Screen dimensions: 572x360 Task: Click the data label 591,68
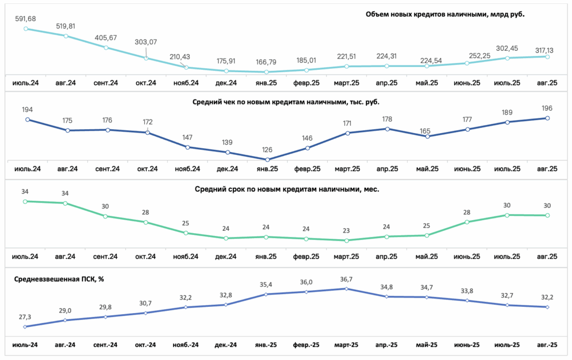[x=26, y=18]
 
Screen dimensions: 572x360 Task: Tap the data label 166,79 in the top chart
[x=266, y=62]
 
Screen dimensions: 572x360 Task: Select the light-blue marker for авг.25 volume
[x=547, y=57]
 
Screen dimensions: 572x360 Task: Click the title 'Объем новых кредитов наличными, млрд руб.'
[x=445, y=14]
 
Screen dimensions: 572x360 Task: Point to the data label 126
[x=267, y=150]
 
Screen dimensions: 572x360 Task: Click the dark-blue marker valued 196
[x=547, y=119]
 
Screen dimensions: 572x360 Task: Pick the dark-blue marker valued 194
[x=27, y=120]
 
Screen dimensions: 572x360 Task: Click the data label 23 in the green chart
[x=346, y=231]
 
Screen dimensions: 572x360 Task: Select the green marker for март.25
[x=346, y=240]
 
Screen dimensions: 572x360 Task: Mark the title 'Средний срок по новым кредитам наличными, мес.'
[x=287, y=189]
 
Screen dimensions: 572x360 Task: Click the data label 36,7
[x=346, y=280]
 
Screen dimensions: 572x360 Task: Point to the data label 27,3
[x=25, y=317]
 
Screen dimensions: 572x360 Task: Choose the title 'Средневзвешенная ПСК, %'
[x=59, y=279]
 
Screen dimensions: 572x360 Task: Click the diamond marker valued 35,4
[x=266, y=294]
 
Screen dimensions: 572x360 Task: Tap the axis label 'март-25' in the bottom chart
[x=346, y=345]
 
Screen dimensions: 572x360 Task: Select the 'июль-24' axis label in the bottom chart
[x=25, y=345]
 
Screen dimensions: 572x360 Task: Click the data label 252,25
[x=467, y=55]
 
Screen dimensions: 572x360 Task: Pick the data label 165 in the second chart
[x=425, y=131]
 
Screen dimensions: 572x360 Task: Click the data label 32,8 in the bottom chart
[x=226, y=295]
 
